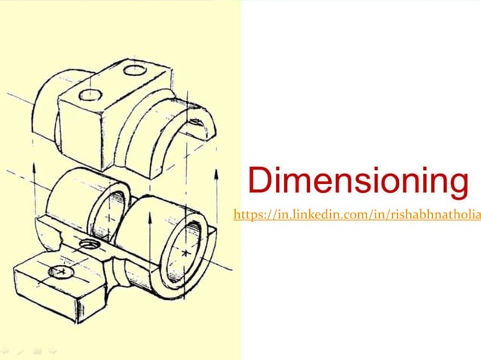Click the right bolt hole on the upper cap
coord(136,70)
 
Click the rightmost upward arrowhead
coord(217,172)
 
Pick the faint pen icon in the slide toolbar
coord(20,351)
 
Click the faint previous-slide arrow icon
coord(6,351)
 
